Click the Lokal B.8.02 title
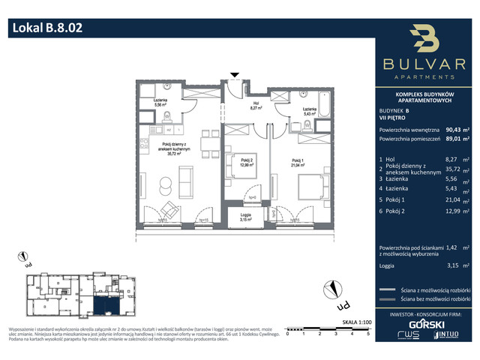point(46,29)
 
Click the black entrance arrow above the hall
point(235,75)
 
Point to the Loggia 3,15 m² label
point(245,217)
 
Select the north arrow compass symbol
point(330,289)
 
